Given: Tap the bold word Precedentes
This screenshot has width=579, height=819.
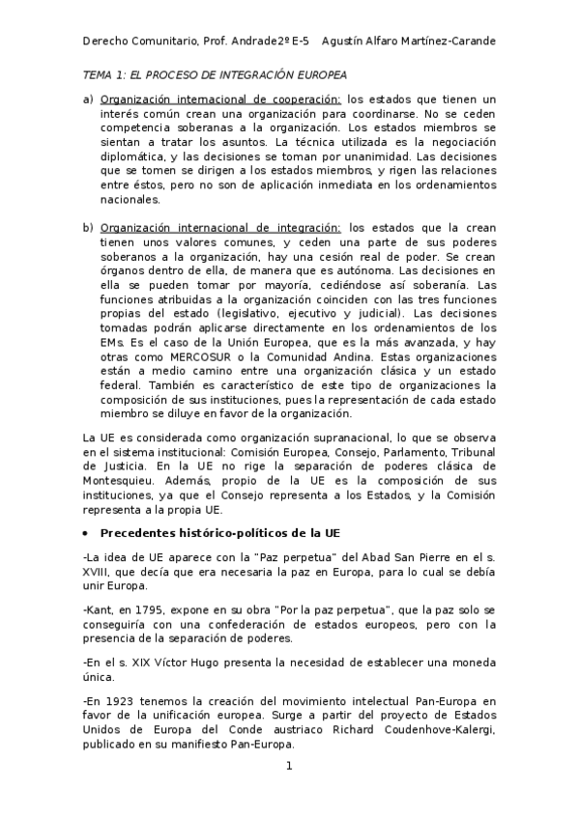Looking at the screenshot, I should (141, 534).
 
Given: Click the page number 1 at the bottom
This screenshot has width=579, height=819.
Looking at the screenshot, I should (288, 767).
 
